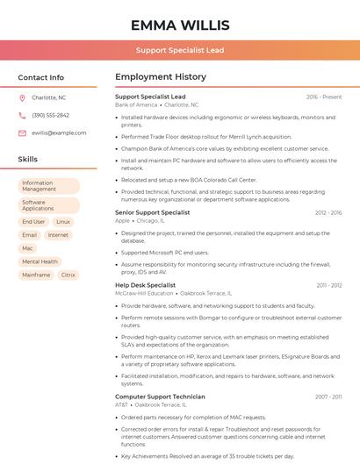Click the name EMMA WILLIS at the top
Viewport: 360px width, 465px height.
pos(180,25)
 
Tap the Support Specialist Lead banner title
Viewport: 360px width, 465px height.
pos(180,50)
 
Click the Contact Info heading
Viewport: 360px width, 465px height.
pos(40,77)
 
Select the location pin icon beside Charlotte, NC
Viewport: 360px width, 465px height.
pos(23,97)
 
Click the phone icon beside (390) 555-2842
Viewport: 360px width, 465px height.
pos(23,115)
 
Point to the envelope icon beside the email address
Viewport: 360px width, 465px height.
pos(23,132)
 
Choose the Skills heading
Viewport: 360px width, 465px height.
pos(28,160)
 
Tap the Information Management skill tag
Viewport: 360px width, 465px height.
pos(49,186)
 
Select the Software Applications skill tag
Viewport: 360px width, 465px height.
pos(49,205)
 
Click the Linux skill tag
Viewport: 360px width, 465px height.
pos(62,222)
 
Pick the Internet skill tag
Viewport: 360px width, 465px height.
pos(58,235)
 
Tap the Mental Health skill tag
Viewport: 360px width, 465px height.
pos(40,261)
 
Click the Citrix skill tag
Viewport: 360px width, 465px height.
pos(68,275)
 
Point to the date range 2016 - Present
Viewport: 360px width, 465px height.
pos(324,97)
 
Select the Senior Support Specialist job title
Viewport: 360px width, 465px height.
pos(152,212)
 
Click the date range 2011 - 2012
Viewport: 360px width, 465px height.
pos(329,285)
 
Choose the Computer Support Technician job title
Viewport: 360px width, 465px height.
pos(160,397)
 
